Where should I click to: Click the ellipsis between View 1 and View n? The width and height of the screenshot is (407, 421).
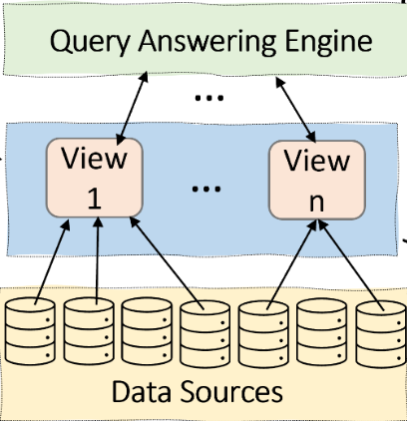(x=205, y=188)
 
